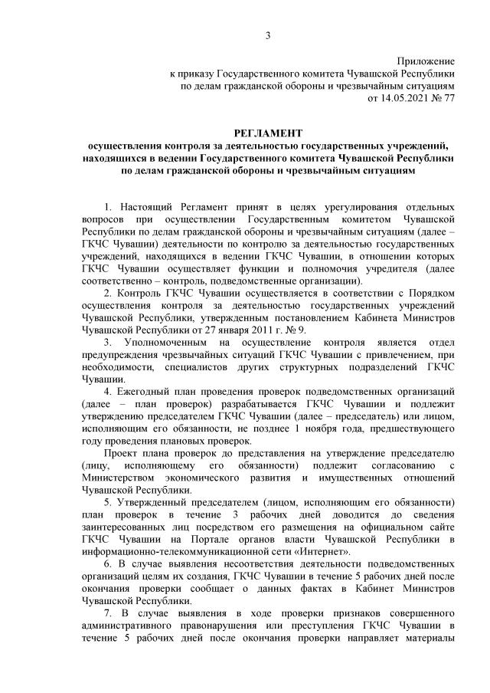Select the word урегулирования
327,207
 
